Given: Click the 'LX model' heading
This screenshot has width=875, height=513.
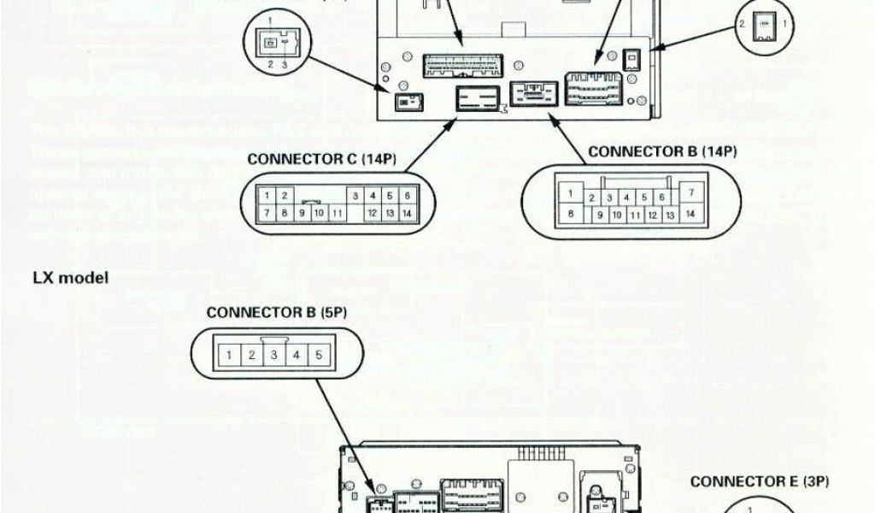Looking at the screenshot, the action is [71, 279].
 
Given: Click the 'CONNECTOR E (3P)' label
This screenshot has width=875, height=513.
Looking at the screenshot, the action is [760, 481].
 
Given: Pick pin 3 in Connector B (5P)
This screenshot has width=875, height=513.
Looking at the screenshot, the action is [273, 353].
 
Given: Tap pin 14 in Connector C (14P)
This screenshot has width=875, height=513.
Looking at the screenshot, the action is [407, 211].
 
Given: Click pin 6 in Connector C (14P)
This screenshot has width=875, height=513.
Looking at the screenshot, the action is [407, 196].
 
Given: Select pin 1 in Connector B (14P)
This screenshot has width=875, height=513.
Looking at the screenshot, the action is [569, 194].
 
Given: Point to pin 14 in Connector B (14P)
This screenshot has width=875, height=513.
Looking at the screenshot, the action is [690, 213].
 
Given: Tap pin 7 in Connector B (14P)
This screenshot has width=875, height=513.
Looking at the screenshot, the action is [690, 194].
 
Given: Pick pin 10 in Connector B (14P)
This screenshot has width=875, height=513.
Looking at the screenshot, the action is [615, 214].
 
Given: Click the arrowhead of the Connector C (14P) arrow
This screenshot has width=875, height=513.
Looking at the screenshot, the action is [450, 125].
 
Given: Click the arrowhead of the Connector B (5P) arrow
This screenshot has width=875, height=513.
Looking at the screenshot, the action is [368, 492].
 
